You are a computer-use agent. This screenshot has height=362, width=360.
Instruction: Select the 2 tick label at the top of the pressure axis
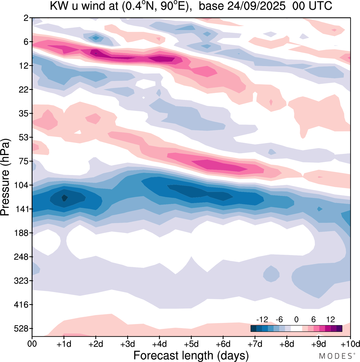[26, 18]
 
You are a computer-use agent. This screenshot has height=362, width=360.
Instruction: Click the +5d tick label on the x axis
[191, 344]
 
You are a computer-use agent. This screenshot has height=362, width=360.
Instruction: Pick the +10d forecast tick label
[350, 344]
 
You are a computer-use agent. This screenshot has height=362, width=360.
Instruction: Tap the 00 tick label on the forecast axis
[32, 344]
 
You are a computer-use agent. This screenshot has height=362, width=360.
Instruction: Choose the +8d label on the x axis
[287, 344]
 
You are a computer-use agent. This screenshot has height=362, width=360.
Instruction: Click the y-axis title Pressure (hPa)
[5, 177]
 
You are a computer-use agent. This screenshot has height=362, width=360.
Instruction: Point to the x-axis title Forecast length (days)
[191, 356]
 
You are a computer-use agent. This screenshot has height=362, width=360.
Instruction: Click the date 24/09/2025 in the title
[256, 6]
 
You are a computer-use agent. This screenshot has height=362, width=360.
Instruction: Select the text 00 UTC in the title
[312, 6]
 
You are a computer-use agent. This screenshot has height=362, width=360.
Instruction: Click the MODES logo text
[336, 356]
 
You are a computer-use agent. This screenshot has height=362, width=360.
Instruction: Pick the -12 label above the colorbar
[262, 319]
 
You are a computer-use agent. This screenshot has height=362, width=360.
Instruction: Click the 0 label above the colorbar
[296, 319]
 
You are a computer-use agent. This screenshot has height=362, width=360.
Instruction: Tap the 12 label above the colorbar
[330, 319]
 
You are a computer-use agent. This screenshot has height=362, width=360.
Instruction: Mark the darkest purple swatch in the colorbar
[339, 329]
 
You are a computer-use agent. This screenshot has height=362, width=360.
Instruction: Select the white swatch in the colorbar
[296, 329]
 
